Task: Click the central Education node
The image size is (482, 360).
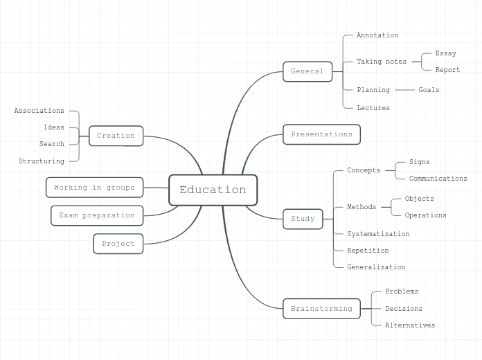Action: click(x=213, y=190)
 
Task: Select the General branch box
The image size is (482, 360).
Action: click(x=307, y=71)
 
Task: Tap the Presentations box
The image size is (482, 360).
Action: click(x=321, y=134)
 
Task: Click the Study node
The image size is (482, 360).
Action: click(x=303, y=219)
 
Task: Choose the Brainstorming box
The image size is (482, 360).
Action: click(x=321, y=309)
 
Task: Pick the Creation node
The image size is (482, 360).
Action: click(x=116, y=136)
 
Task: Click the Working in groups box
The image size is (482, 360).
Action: click(x=94, y=188)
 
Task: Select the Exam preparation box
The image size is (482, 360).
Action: click(x=97, y=215)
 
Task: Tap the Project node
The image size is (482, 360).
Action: click(x=118, y=244)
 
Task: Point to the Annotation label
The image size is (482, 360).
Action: click(x=377, y=35)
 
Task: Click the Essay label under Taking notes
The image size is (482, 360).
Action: click(x=445, y=53)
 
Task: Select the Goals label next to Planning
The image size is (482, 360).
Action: click(x=429, y=90)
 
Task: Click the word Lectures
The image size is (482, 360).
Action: click(x=373, y=108)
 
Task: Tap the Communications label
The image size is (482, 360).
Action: click(x=438, y=179)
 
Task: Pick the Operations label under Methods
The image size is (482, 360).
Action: click(x=425, y=215)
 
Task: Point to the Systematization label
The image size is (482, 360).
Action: click(x=378, y=234)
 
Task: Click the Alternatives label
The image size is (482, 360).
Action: click(x=410, y=325)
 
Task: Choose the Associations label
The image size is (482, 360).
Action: click(x=39, y=111)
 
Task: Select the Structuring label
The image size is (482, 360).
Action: click(x=42, y=161)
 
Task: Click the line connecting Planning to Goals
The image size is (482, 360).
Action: click(x=404, y=90)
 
